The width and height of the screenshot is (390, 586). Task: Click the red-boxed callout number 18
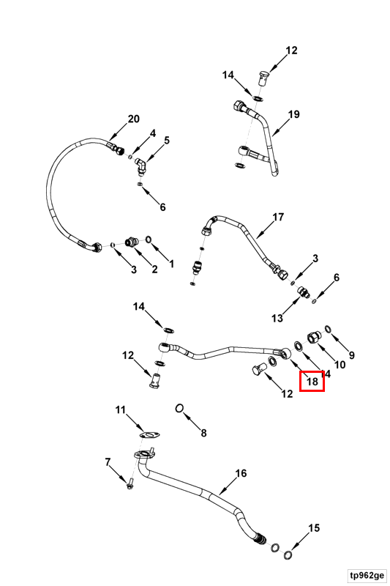(x=312, y=382)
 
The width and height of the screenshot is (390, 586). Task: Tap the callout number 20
(x=134, y=119)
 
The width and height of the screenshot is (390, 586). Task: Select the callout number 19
(x=294, y=114)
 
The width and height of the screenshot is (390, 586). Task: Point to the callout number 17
(x=278, y=217)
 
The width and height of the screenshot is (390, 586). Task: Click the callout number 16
(x=241, y=473)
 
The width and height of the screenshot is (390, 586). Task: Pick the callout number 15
(x=314, y=527)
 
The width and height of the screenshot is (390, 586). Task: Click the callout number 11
(x=120, y=410)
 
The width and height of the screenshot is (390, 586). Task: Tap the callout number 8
(x=203, y=433)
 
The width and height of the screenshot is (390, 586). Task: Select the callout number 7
(x=108, y=462)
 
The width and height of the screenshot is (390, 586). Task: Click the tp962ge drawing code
(x=367, y=574)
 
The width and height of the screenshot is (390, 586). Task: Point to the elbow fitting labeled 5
(x=140, y=166)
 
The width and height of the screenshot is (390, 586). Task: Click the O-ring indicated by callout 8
(x=179, y=408)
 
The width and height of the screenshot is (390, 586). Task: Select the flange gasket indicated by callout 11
(x=150, y=435)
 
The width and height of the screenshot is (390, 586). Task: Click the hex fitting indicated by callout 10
(x=312, y=338)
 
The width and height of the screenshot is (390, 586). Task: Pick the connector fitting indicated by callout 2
(x=132, y=242)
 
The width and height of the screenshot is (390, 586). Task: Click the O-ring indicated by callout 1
(x=148, y=239)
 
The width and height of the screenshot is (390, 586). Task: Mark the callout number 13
(x=277, y=318)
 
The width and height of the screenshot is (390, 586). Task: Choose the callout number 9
(x=351, y=355)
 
